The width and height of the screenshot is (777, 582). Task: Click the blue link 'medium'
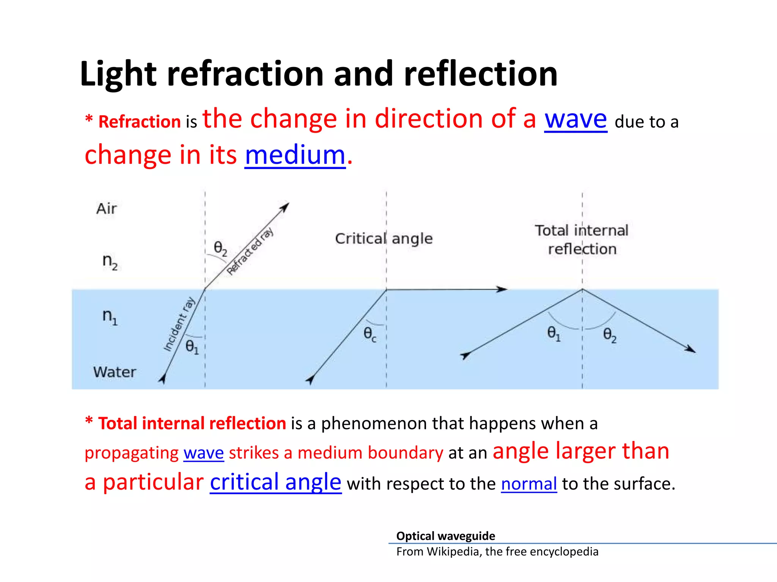point(295,155)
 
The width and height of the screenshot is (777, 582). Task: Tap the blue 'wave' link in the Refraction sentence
point(576,119)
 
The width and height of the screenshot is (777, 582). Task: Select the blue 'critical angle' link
point(275,482)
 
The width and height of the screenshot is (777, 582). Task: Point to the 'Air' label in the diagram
point(107,209)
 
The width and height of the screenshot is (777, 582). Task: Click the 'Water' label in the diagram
point(115,372)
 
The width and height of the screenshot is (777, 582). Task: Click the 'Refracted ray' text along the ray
point(250,250)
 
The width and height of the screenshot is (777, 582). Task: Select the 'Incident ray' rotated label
point(179,324)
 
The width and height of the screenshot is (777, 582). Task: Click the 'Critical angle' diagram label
point(384,239)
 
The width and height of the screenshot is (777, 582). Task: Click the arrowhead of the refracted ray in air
point(285,207)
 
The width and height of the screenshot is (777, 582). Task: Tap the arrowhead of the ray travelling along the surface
point(502,289)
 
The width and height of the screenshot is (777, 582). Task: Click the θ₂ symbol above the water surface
point(220,249)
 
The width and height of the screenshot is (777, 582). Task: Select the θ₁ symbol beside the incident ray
point(192,347)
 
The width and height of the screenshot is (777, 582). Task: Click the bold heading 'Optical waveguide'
point(445,536)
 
